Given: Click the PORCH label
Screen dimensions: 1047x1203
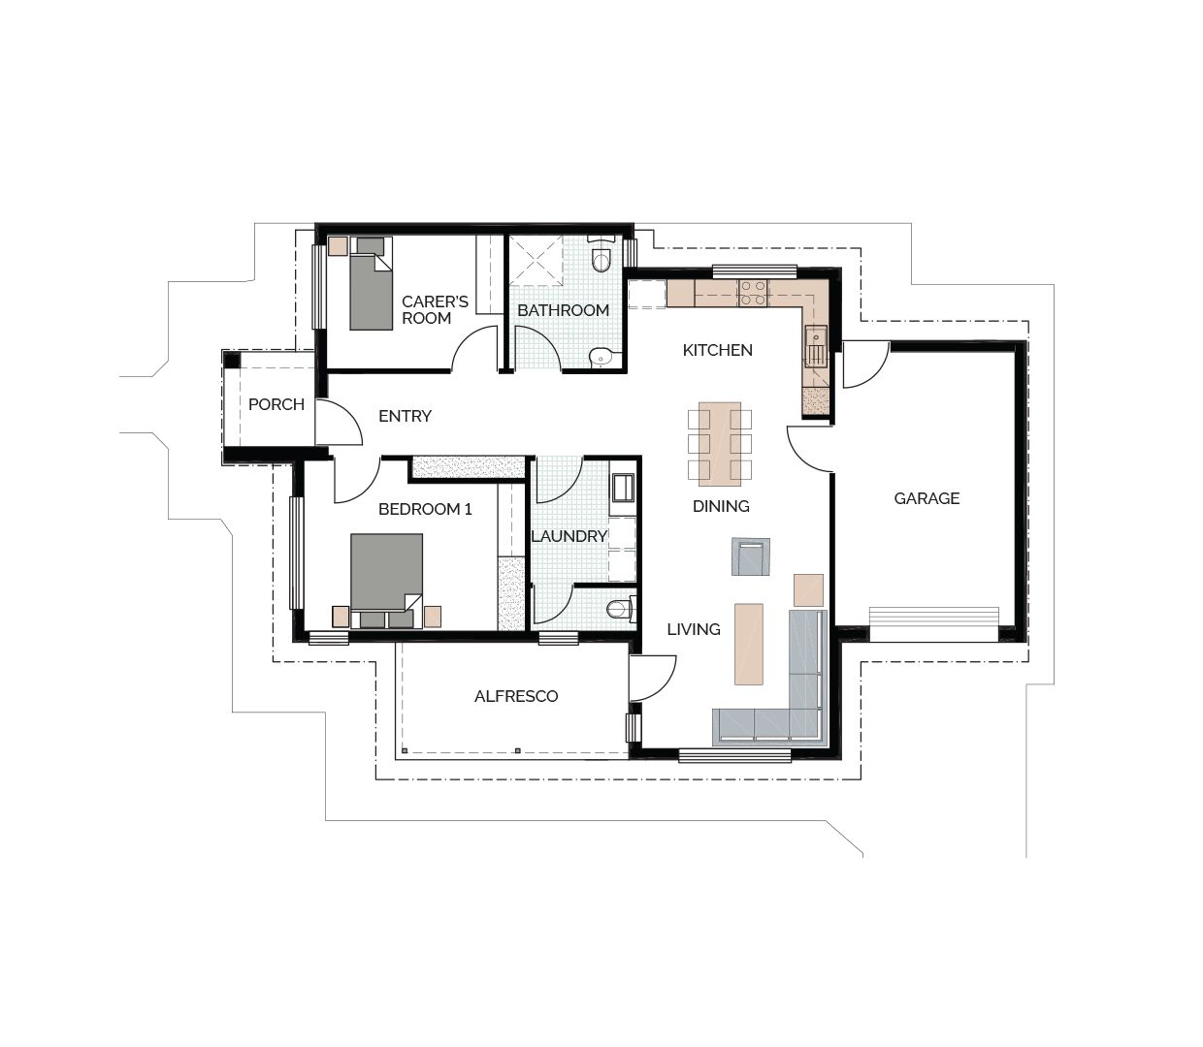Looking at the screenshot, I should [x=276, y=404].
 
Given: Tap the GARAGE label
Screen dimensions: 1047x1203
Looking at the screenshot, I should [x=927, y=498].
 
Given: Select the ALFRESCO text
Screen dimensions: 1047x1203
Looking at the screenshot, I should [x=516, y=696].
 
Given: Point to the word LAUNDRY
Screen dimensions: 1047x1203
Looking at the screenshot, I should [x=569, y=536].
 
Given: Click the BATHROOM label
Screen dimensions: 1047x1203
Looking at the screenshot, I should [x=563, y=310].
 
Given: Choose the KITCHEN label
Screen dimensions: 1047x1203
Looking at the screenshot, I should [x=717, y=350].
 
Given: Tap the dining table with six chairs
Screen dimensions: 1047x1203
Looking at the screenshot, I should [x=719, y=444].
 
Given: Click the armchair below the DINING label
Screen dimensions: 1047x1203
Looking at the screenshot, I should [x=750, y=557].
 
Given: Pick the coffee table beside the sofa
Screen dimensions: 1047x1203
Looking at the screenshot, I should [x=748, y=644].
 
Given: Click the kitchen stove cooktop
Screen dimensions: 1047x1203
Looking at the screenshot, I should [x=753, y=293].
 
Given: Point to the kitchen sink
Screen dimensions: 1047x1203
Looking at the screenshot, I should [x=815, y=344].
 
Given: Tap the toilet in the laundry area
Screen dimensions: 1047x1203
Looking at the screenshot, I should [x=618, y=609].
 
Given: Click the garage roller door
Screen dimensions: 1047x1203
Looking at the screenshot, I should [x=933, y=623].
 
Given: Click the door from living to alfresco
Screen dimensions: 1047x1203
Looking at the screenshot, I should [x=651, y=679].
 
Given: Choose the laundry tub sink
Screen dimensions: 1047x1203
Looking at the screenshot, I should [x=622, y=487].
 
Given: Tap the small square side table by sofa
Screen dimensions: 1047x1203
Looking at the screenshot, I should [x=808, y=589].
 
